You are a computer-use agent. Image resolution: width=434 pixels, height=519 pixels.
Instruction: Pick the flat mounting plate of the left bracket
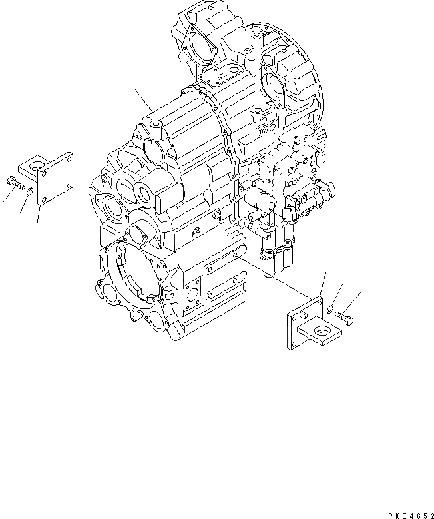pyautogui.click(x=56, y=179)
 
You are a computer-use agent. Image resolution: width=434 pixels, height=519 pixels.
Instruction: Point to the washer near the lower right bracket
pyautogui.click(x=331, y=308)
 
